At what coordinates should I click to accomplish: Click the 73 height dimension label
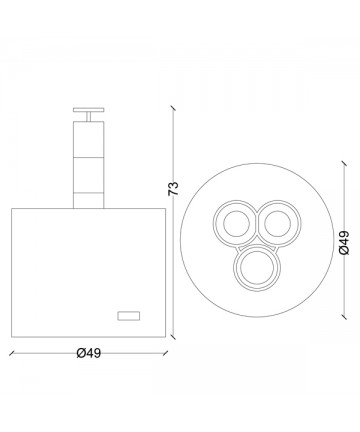[x=174, y=189]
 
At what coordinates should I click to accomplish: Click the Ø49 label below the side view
[x=89, y=353]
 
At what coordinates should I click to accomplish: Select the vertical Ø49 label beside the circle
[x=344, y=242]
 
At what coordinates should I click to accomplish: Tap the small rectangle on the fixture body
[x=129, y=316]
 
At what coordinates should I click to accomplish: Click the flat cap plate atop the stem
[x=89, y=110]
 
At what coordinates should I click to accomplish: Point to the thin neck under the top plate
[x=89, y=117]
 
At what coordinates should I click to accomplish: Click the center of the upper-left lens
[x=236, y=223]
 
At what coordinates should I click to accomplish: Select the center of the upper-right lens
[x=278, y=223]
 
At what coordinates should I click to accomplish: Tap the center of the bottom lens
[x=257, y=268]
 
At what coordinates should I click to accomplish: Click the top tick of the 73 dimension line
[x=173, y=109]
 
